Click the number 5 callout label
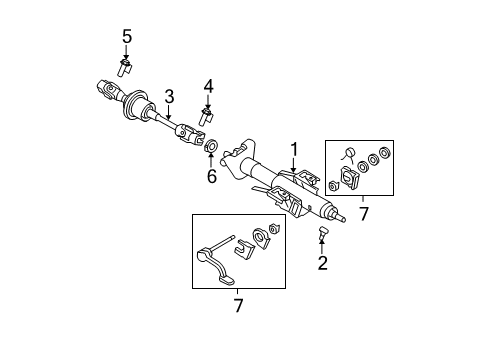[x=126, y=37]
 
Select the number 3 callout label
[x=169, y=96]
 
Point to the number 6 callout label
[x=211, y=177]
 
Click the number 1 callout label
[x=293, y=149]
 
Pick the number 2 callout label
[x=321, y=264]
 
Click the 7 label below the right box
[x=363, y=213]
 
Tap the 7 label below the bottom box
[x=238, y=303]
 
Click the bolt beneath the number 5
[x=126, y=68]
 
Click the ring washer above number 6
[x=212, y=152]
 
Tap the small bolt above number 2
[x=322, y=234]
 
